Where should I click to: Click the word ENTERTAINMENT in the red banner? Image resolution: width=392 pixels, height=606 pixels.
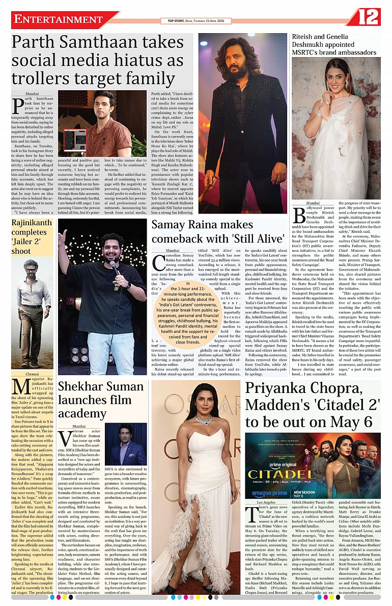point(59,19)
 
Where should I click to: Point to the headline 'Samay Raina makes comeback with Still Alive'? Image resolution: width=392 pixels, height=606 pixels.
point(218,231)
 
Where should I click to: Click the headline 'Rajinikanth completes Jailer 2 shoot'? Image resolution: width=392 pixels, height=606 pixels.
point(32,236)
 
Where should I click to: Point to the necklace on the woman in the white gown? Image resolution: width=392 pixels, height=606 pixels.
point(203,420)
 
